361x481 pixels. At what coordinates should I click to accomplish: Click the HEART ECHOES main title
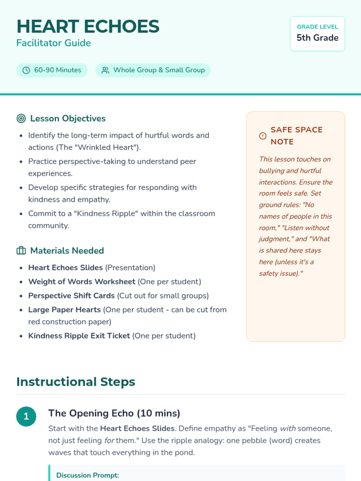88,26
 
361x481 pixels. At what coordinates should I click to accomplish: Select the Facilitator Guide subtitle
54,43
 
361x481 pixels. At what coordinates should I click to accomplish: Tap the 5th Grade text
317,38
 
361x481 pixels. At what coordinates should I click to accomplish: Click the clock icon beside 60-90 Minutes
26,70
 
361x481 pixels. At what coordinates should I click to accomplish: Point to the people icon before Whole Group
105,70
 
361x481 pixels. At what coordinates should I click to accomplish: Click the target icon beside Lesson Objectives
21,118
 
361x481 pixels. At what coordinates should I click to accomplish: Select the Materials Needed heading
67,251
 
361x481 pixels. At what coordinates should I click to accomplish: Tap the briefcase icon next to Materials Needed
21,250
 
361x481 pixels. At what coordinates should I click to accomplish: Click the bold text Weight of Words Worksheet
82,282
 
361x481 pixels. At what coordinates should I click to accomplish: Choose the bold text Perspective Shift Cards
71,296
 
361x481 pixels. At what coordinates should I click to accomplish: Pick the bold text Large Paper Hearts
64,310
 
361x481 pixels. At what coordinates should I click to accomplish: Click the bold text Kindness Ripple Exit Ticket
79,336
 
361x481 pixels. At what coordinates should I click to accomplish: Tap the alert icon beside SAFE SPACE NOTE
263,136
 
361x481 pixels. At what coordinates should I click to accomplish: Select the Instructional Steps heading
76,382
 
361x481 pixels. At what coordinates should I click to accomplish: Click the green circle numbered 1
26,416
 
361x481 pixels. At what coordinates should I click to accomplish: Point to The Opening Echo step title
114,413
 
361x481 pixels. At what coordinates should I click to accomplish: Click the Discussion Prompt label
88,475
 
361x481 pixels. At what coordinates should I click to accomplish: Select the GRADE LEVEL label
317,27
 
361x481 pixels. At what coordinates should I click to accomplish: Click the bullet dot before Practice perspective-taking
21,162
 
